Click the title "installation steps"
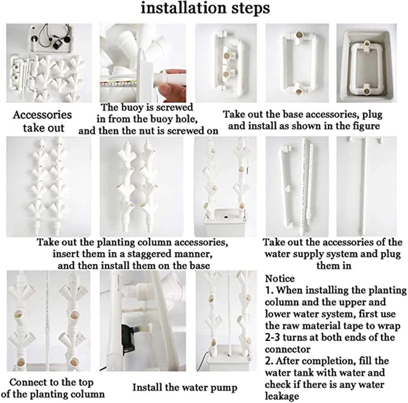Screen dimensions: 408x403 (205, 8)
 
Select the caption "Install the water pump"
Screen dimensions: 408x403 (185, 387)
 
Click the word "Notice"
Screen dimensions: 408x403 (280, 279)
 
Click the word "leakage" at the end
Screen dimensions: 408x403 (282, 397)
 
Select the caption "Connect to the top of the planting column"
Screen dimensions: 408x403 (52, 388)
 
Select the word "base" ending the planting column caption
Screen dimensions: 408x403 (199, 266)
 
